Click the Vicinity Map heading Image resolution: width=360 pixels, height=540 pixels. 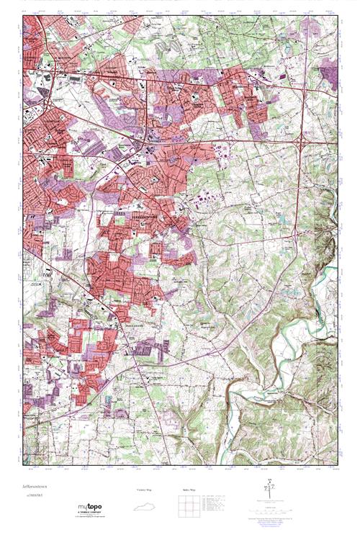click(145, 490)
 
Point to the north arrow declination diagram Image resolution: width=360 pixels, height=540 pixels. click(270, 492)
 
